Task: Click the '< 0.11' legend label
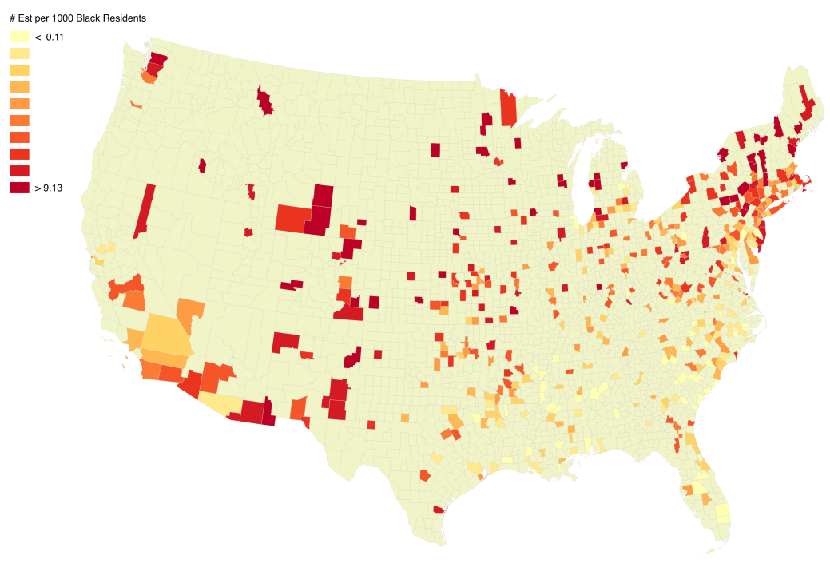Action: click(x=49, y=37)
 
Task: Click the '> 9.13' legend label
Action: click(x=49, y=188)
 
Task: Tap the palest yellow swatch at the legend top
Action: click(x=19, y=37)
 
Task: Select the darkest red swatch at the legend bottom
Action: click(x=19, y=188)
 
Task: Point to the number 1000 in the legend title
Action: click(x=60, y=18)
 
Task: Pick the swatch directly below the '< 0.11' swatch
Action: click(x=19, y=54)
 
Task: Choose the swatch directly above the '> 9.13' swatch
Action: click(x=19, y=171)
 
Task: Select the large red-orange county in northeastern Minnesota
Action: click(x=508, y=108)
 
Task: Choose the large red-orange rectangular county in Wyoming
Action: click(x=292, y=218)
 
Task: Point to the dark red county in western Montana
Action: click(x=264, y=102)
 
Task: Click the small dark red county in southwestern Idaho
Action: click(x=202, y=165)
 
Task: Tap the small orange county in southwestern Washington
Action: click(x=136, y=105)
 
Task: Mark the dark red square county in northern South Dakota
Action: click(x=435, y=149)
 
